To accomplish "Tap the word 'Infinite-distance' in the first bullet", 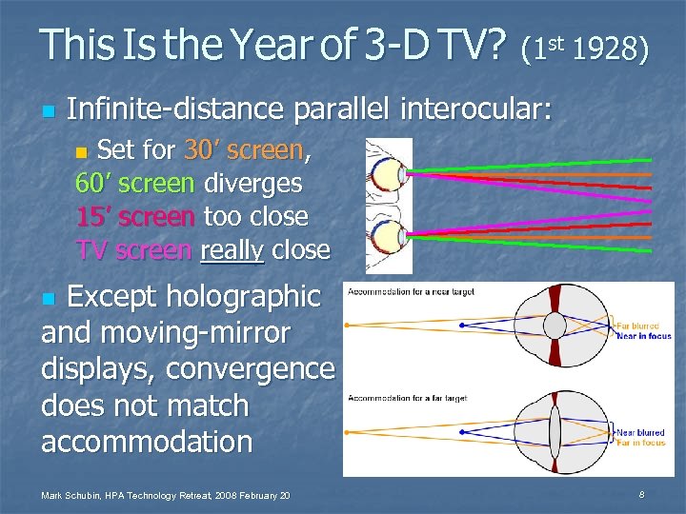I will (176, 110).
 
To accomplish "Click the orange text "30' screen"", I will (245, 150).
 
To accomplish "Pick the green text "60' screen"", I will (135, 183).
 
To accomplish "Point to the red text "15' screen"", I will (135, 216).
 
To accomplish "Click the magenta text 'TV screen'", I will (133, 250).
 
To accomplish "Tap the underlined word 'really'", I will (232, 250).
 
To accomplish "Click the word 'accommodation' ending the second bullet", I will (148, 442).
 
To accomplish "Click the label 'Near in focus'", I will (643, 335).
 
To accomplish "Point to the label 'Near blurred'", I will (640, 432).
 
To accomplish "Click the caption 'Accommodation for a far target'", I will (408, 398).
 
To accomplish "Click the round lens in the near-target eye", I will (554, 326).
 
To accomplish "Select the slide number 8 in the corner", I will (642, 494).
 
